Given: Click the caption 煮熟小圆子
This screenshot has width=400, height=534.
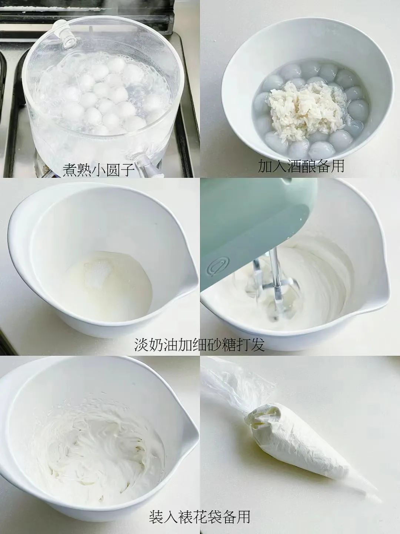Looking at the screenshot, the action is pos(98,169).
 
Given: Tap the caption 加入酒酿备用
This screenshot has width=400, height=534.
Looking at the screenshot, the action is pos(301,166).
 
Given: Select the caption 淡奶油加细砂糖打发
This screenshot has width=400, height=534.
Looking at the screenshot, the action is pos(200,344).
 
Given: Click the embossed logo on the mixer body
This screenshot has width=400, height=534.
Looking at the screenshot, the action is pos(217,267).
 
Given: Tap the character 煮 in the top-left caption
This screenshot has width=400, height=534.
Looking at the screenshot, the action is pos(70,169).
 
